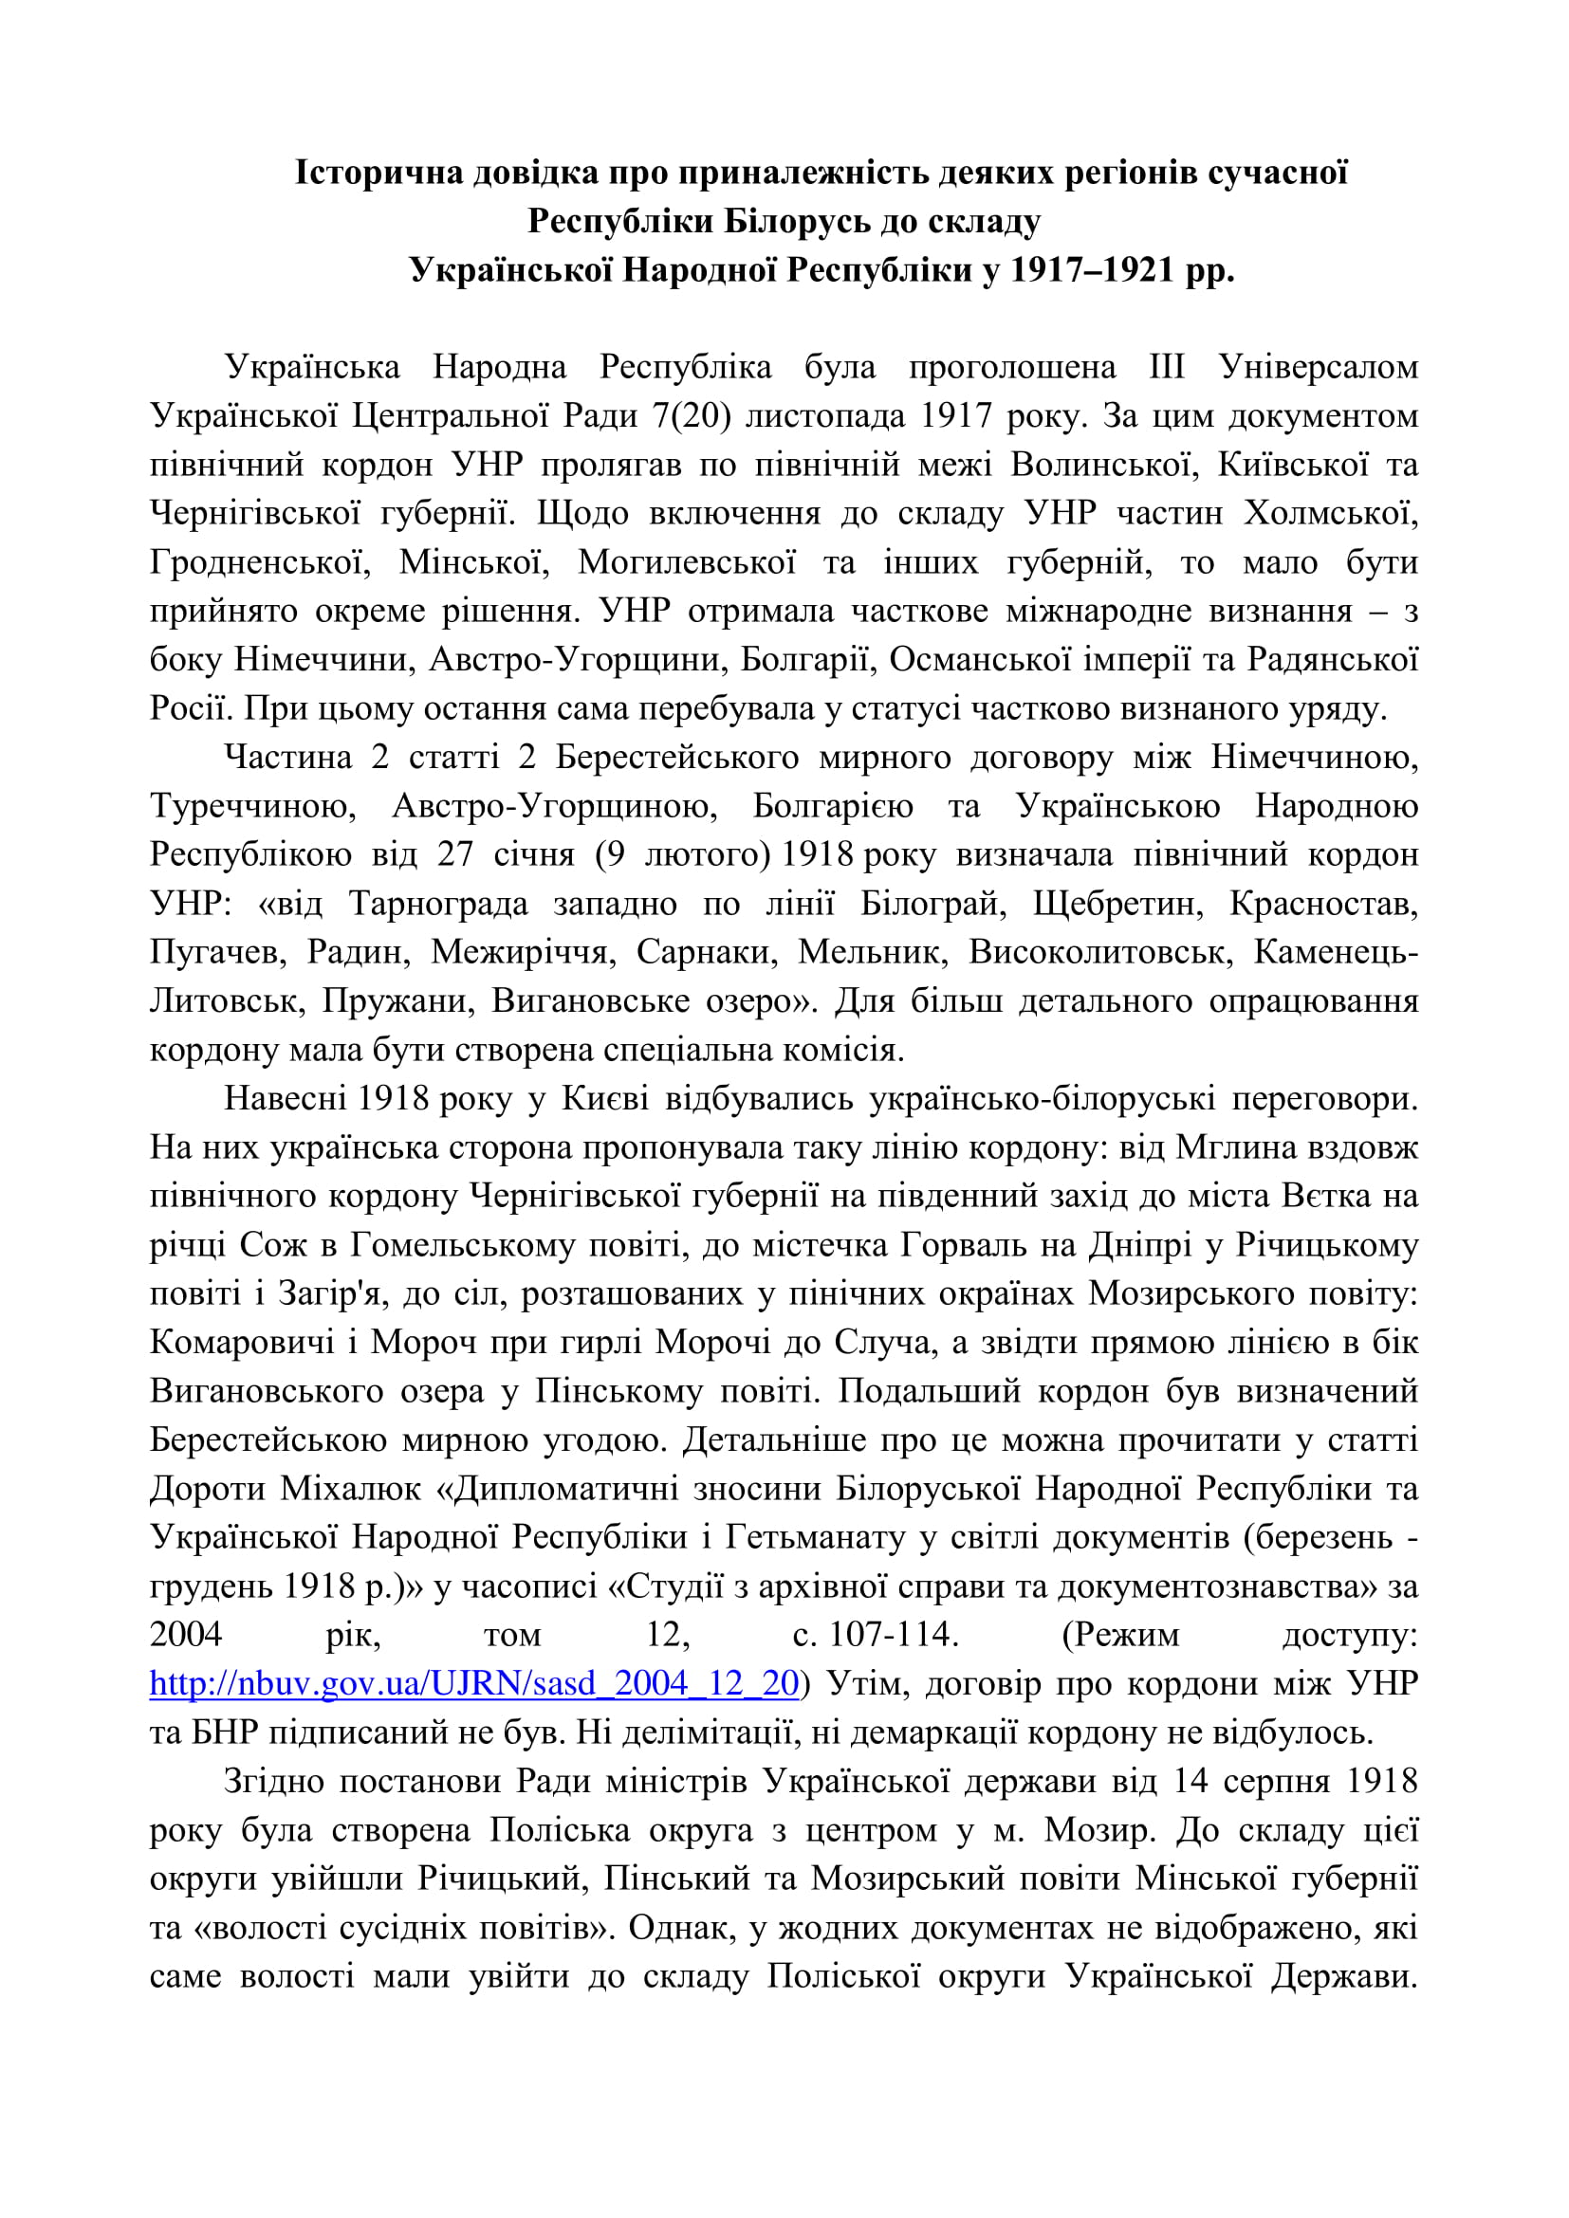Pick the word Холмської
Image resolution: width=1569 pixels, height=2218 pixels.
click(1330, 513)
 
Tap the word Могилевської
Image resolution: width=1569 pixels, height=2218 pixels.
click(687, 562)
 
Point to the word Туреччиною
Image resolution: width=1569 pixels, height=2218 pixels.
click(253, 806)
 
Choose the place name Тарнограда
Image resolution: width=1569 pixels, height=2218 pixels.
click(438, 904)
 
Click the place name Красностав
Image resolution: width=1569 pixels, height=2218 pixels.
click(1323, 904)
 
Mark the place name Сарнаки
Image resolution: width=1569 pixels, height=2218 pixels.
click(708, 951)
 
